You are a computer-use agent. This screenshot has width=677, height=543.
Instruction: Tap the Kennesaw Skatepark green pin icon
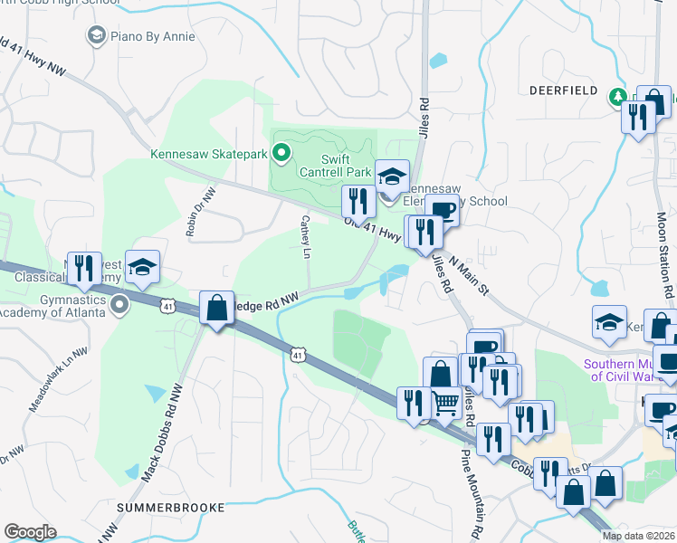click(281, 154)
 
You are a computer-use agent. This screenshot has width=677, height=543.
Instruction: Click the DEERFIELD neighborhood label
click(564, 91)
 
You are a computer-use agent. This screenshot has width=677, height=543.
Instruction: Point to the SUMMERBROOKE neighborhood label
click(171, 508)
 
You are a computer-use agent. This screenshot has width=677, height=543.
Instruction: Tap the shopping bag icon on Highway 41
click(217, 309)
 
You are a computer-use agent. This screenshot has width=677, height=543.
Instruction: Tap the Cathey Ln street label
click(309, 233)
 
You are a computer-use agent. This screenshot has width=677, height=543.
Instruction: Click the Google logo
click(30, 532)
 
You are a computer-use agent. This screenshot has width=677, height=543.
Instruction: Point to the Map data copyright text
click(638, 536)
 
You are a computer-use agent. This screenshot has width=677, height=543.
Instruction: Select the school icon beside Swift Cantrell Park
click(393, 176)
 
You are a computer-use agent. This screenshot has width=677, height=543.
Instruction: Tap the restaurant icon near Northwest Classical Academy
click(84, 268)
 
